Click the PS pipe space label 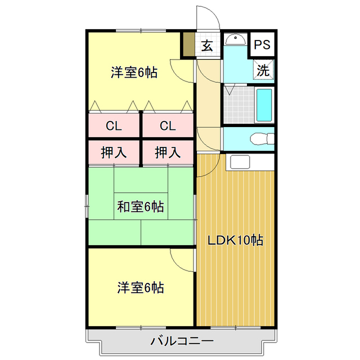263,44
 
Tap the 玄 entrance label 207,45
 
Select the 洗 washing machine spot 263,70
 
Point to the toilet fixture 259,138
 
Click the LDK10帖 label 236,240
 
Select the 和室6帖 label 140,207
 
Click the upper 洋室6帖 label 133,72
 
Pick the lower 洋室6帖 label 140,288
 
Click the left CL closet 114,125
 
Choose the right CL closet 167,125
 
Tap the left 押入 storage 114,152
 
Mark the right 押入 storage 167,152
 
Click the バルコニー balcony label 181,341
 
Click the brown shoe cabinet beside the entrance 188,45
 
